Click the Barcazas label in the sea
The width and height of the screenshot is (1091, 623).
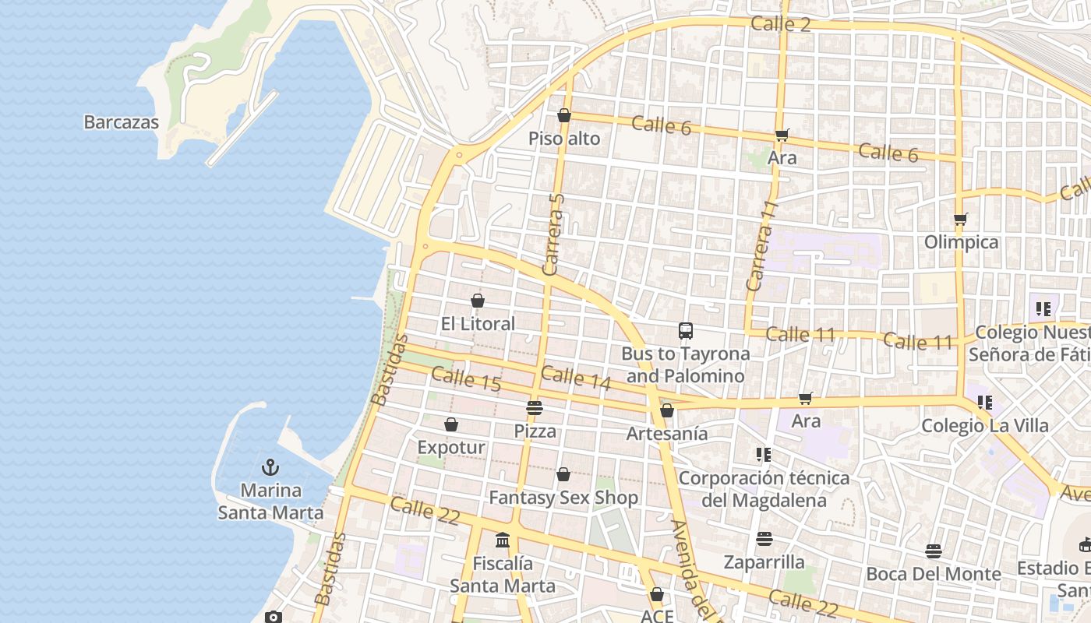pyautogui.click(x=121, y=122)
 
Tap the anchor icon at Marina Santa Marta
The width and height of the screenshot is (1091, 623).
pyautogui.click(x=270, y=467)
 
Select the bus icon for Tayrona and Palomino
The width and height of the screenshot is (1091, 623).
pyautogui.click(x=686, y=331)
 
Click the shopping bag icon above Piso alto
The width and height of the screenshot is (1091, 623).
pyautogui.click(x=564, y=116)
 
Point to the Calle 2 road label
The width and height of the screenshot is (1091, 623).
pyautogui.click(x=781, y=24)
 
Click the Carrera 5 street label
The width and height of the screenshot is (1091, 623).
pyautogui.click(x=554, y=234)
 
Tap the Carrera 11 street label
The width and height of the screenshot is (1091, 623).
pyautogui.click(x=762, y=246)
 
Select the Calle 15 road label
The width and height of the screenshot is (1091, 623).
pyautogui.click(x=465, y=378)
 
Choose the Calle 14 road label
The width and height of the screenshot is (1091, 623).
pyautogui.click(x=576, y=378)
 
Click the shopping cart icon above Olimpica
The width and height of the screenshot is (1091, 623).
pyautogui.click(x=961, y=220)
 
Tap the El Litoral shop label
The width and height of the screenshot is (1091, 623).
pyautogui.click(x=478, y=324)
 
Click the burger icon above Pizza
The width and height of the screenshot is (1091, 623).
pyautogui.click(x=535, y=407)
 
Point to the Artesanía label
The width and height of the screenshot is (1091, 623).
pyautogui.click(x=667, y=434)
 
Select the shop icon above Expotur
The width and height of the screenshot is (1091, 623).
pyautogui.click(x=451, y=424)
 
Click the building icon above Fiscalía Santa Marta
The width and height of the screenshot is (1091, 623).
pyautogui.click(x=503, y=540)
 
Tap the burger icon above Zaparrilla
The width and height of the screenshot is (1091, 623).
pyautogui.click(x=764, y=539)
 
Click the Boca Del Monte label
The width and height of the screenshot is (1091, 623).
pyautogui.click(x=934, y=574)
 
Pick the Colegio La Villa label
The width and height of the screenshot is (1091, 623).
pyautogui.click(x=984, y=426)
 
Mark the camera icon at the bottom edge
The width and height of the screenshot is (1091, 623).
pyautogui.click(x=273, y=617)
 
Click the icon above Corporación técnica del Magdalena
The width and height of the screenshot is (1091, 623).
pyautogui.click(x=763, y=454)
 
